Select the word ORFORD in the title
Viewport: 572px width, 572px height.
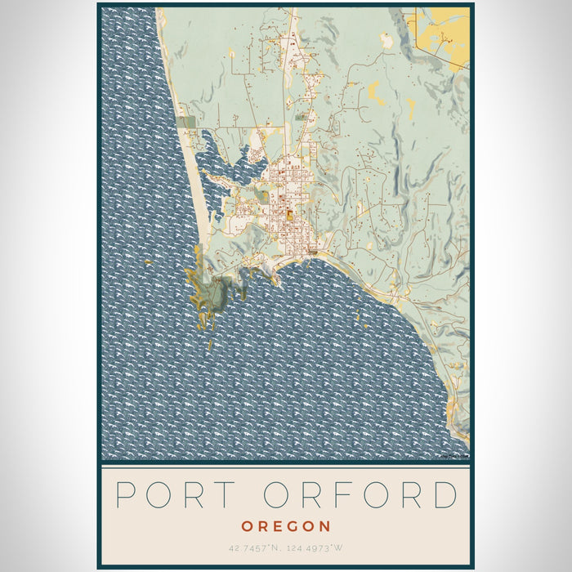point(360,494)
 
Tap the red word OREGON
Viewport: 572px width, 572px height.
point(285,526)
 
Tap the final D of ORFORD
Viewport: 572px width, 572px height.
point(444,494)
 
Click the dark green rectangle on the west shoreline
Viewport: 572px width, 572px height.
point(187,122)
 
